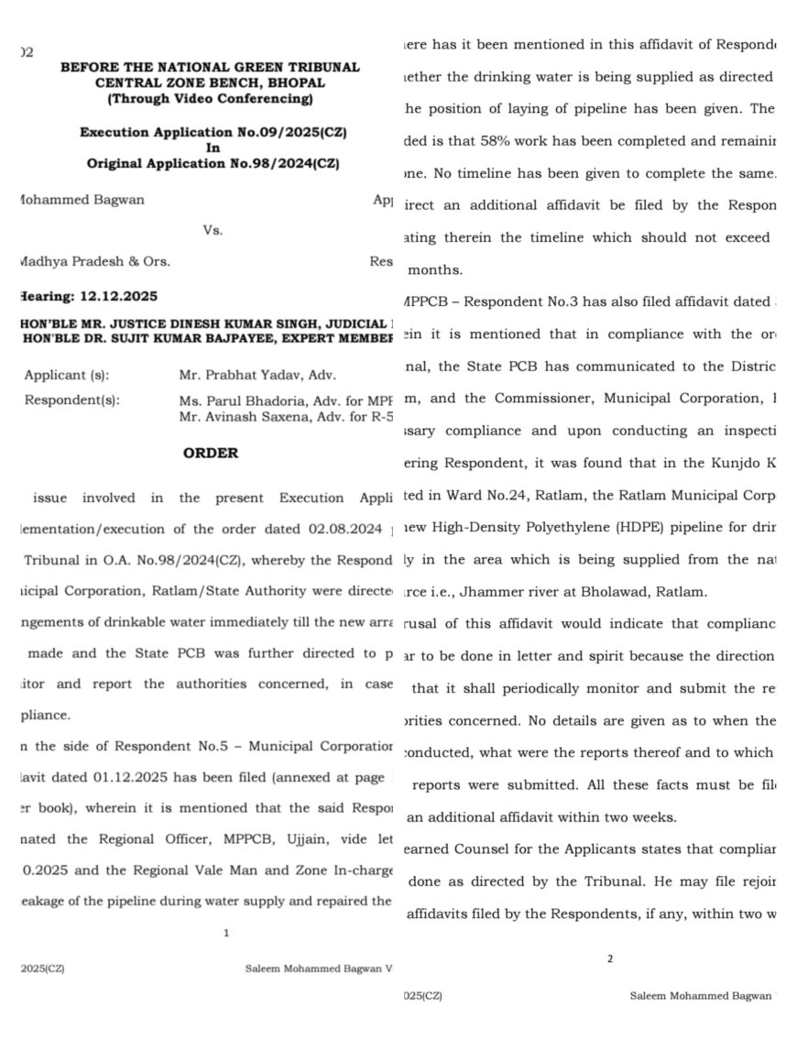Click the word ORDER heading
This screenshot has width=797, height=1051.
pos(211,453)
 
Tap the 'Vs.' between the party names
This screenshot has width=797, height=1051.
pos(213,230)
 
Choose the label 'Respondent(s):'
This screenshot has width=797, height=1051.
pos(71,400)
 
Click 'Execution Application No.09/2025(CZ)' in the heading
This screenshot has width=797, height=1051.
pos(213,132)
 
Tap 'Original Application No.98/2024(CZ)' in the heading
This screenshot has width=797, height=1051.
pos(213,163)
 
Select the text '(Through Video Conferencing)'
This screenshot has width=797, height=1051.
pos(210,98)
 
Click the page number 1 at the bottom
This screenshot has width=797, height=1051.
pos(226,933)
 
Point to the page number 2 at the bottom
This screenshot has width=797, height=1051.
pos(610,958)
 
